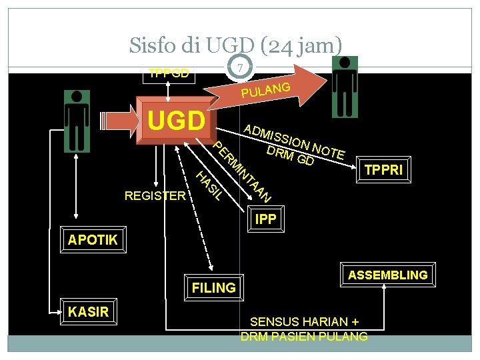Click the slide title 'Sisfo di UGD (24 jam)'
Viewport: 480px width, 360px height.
pos(236,46)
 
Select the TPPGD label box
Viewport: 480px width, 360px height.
pos(169,73)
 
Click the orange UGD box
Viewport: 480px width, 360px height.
pos(175,121)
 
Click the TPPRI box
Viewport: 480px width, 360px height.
pos(383,169)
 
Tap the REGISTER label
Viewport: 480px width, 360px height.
pos(155,195)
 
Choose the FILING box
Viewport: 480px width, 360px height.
pos(213,287)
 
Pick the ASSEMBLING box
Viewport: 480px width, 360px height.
pos(387,275)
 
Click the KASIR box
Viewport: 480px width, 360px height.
pos(88,311)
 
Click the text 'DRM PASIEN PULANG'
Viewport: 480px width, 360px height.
pos(304,336)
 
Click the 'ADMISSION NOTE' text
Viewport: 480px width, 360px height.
pos(294,141)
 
